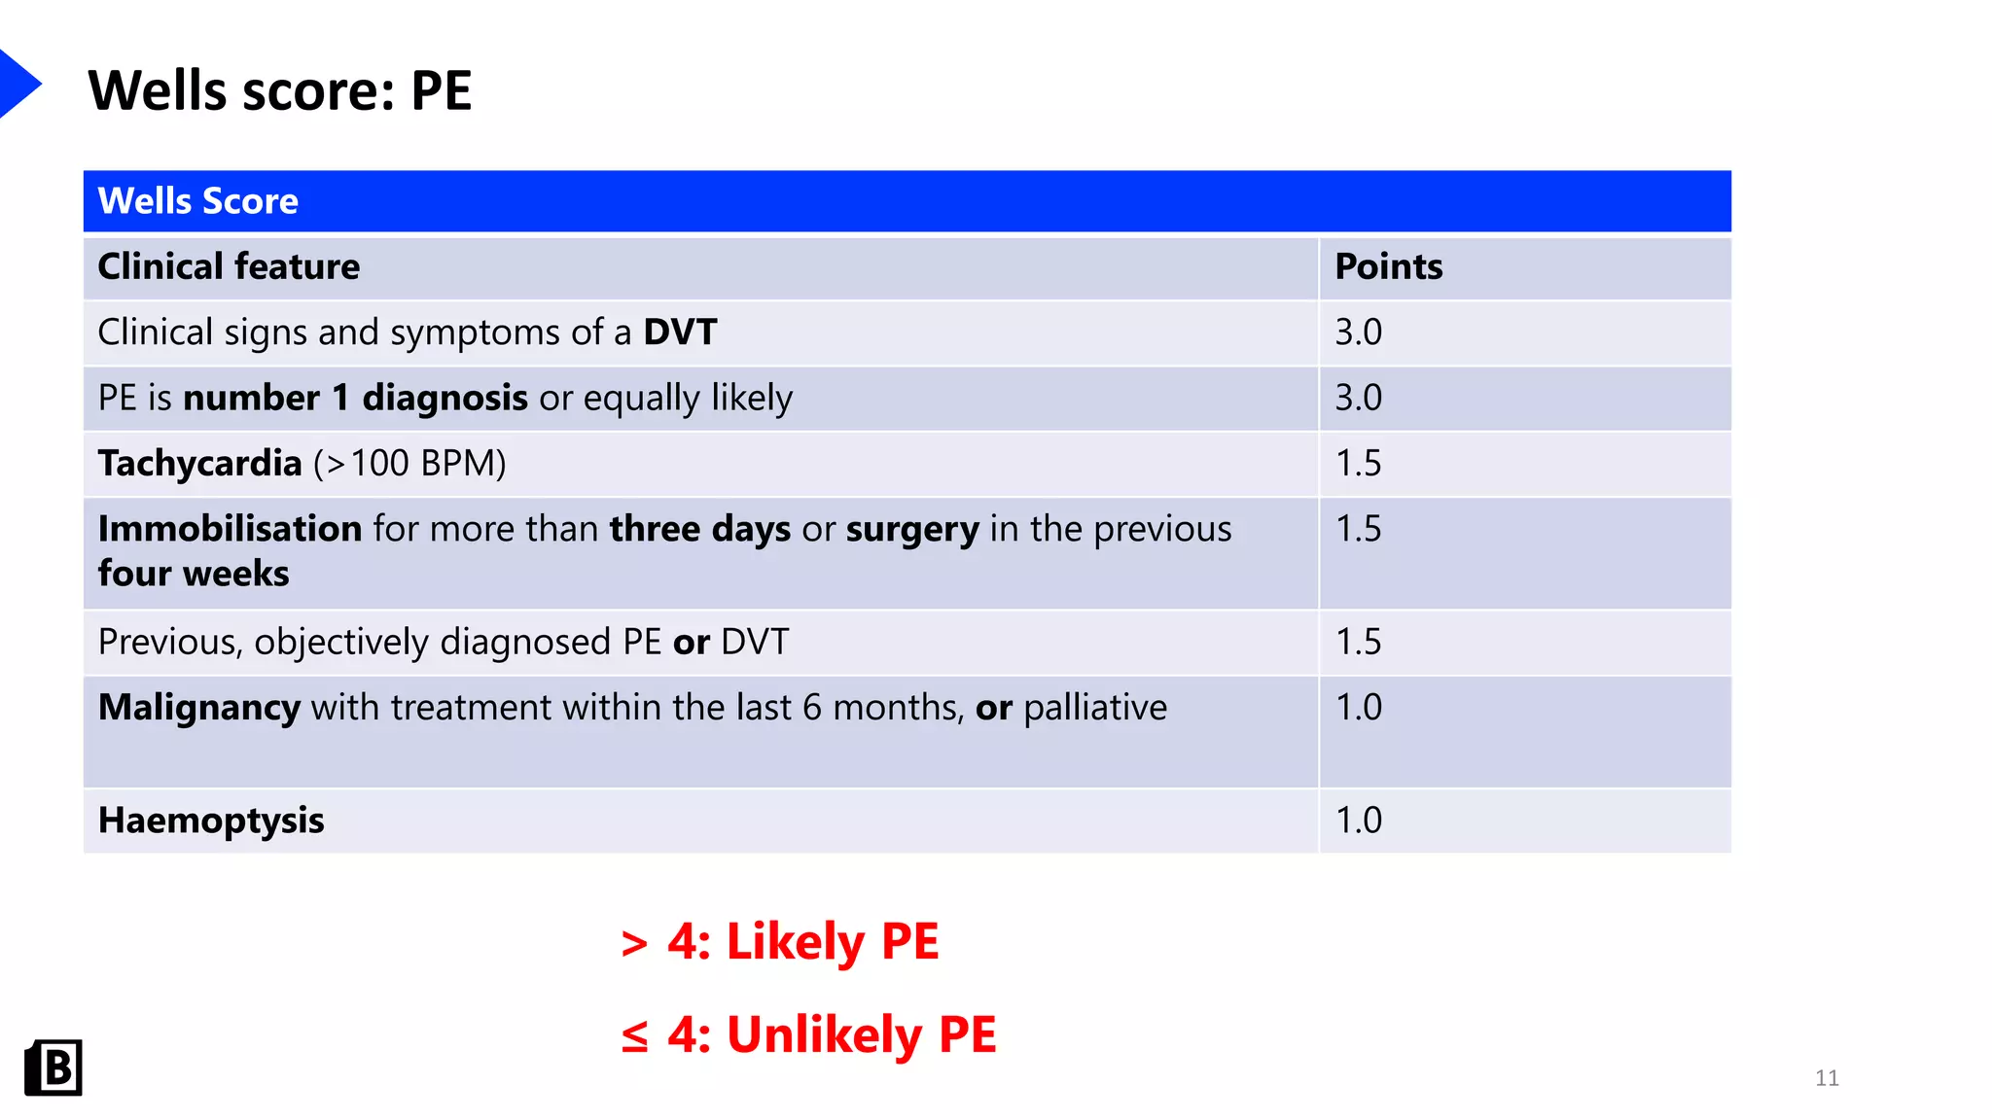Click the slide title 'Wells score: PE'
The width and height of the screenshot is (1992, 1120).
coord(280,90)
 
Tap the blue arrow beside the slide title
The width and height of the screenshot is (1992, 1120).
coord(18,84)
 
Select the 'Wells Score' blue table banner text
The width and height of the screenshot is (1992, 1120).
coord(198,201)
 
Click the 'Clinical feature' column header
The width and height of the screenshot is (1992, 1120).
coord(229,266)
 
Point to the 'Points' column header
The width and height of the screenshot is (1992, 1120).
coord(1388,266)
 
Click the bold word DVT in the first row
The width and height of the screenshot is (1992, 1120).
coord(680,332)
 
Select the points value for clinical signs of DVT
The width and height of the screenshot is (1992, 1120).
coord(1358,332)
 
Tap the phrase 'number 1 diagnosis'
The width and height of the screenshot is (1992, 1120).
coord(355,398)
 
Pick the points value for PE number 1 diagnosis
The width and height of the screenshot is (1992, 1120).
coord(1358,398)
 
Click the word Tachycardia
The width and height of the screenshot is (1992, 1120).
coord(199,463)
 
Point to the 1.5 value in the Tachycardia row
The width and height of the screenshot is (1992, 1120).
coord(1358,463)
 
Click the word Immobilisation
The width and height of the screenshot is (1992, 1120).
coord(230,529)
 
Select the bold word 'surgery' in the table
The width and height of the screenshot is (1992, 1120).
coord(912,529)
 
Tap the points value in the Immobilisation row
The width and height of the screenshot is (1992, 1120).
coord(1358,529)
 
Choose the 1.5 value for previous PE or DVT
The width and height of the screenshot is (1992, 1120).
coord(1358,642)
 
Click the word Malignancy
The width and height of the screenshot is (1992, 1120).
coord(199,707)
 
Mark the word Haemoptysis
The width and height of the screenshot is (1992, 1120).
coord(211,821)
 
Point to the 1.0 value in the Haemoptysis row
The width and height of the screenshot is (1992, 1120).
coord(1358,821)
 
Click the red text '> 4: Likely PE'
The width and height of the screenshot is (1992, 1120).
coord(780,941)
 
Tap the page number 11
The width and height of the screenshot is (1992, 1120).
coord(1827,1077)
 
